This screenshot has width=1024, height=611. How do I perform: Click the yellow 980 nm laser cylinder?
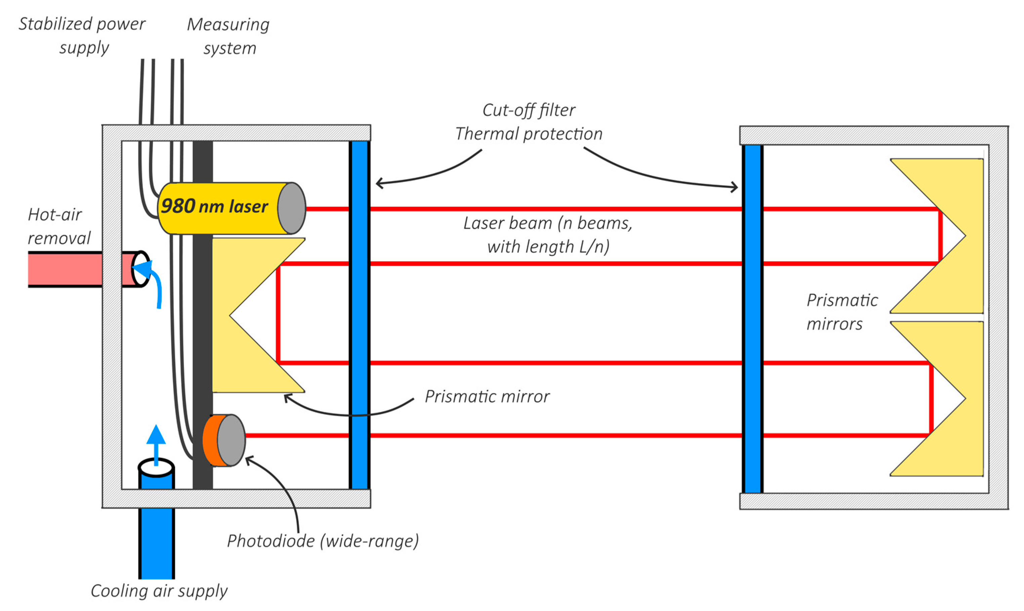(218, 208)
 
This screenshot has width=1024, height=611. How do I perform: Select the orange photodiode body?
(211, 440)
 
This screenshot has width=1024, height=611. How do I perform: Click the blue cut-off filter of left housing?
(360, 315)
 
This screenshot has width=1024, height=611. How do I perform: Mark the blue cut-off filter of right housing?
(753, 319)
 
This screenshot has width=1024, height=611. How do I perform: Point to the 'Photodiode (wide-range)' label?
(323, 541)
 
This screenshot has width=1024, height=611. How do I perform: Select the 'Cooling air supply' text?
(159, 590)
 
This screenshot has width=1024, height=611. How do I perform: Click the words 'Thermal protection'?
(529, 134)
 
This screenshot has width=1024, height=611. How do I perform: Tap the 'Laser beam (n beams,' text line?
(547, 223)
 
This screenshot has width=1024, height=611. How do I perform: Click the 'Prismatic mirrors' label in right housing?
(842, 312)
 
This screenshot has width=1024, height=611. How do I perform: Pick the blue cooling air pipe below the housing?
(156, 543)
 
